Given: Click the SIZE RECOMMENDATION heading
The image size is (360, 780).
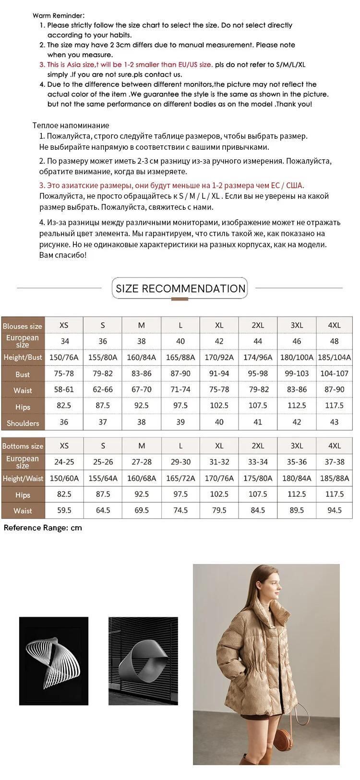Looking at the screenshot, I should (x=180, y=288).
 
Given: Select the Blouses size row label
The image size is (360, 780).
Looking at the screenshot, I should (x=23, y=326).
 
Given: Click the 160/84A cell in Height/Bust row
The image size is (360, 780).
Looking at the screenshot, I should (x=142, y=357).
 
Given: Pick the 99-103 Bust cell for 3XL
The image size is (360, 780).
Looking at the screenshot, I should (x=297, y=373).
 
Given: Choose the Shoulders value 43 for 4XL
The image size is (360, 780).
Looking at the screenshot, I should (x=334, y=422).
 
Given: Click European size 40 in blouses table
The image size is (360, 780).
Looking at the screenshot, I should (x=180, y=341).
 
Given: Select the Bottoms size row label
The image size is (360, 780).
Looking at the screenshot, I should (x=23, y=446).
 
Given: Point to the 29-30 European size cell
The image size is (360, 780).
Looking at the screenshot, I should (x=180, y=462).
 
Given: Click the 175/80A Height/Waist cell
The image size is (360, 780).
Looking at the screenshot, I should (x=258, y=478).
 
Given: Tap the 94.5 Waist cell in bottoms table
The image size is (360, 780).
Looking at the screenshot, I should (x=334, y=510).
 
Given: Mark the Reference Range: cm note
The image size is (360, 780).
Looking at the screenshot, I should (x=43, y=528).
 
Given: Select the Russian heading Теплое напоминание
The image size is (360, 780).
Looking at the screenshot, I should (x=71, y=125).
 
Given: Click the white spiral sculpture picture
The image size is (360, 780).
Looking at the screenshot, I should (x=54, y=661).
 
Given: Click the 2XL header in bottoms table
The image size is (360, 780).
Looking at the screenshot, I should (x=258, y=445).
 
